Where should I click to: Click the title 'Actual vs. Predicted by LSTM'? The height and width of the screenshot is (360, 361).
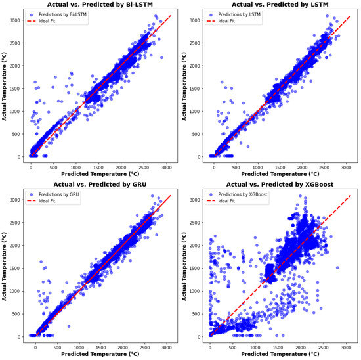pyautogui.click(x=277, y=4)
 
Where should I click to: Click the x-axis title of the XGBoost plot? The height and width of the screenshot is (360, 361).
pyautogui.click(x=277, y=355)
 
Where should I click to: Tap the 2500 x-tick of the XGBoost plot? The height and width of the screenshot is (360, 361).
pyautogui.click(x=322, y=347)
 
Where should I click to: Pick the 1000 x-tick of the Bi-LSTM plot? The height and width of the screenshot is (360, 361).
pyautogui.click(x=75, y=167)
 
